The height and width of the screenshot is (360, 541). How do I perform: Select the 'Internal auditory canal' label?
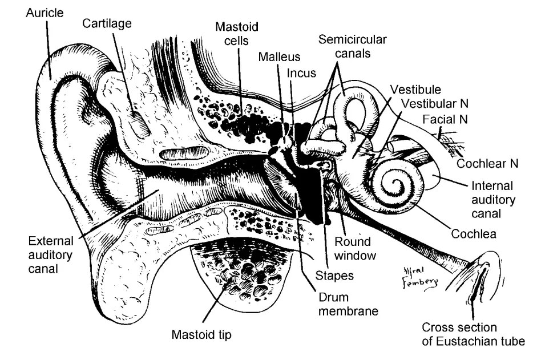click(x=492, y=200)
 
